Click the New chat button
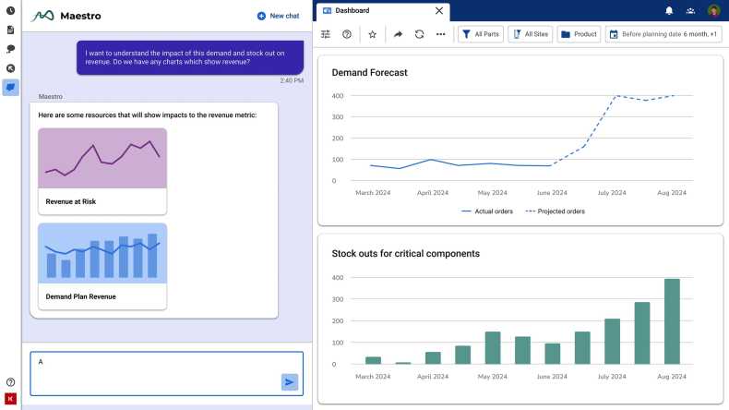click(x=278, y=16)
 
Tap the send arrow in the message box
click(x=290, y=381)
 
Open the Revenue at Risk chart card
click(x=102, y=171)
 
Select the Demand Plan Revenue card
click(x=102, y=266)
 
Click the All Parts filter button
click(x=480, y=34)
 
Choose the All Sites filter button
click(x=530, y=34)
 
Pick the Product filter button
click(x=579, y=34)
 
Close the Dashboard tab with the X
click(x=438, y=11)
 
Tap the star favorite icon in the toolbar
click(x=373, y=34)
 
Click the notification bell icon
click(x=669, y=11)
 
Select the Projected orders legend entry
click(x=555, y=211)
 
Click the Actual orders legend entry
click(x=485, y=211)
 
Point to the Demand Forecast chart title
click(x=369, y=72)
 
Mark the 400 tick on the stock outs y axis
click(x=338, y=277)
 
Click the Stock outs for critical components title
click(x=405, y=253)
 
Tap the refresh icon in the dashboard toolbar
click(x=419, y=34)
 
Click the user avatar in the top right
click(x=713, y=11)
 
